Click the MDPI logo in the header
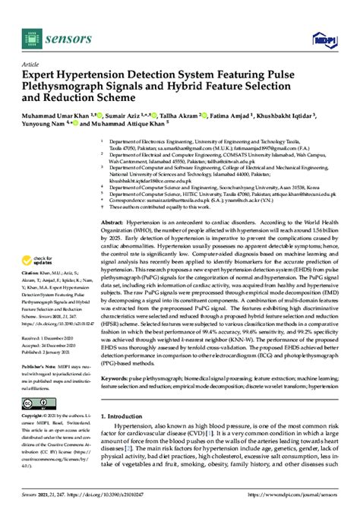click(x=327, y=35)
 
